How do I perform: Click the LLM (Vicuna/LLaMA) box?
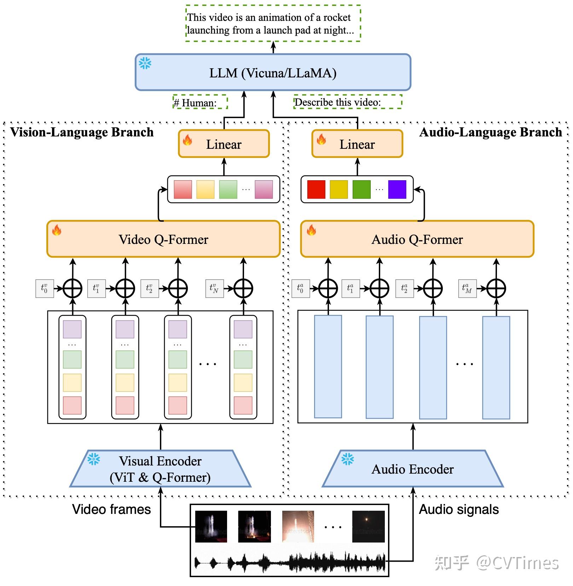273,72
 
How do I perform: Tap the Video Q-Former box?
163,239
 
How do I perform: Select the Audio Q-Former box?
417,239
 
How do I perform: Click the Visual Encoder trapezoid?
160,469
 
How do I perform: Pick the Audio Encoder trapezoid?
412,469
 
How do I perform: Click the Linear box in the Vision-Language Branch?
224,144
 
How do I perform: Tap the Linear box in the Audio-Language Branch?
357,144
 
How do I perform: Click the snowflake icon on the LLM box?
145,63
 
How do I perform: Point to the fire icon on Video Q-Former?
57,230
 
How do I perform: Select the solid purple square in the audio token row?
397,189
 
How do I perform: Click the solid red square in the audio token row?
316,189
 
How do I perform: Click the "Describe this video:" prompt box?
348,102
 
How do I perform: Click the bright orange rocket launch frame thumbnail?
298,526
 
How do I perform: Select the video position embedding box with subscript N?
214,288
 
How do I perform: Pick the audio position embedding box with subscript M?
467,288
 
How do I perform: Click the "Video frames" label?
111,509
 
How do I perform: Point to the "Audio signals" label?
459,509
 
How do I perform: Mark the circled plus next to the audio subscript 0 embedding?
328,288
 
